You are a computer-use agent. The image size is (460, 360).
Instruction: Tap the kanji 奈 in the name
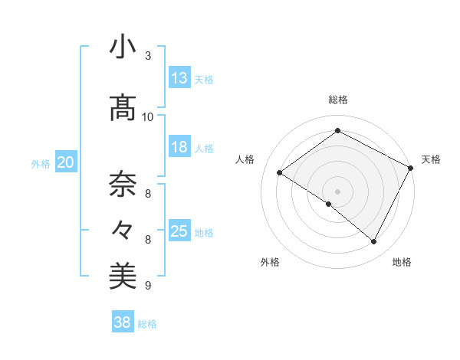[x=123, y=183]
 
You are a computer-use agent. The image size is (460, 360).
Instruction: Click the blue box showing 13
[x=179, y=78]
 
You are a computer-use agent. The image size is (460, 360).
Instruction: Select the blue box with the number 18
[x=179, y=147]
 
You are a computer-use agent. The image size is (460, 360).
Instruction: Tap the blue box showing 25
[x=179, y=231]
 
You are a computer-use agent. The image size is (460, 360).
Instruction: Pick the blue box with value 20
[x=66, y=162]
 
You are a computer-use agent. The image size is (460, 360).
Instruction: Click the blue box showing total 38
[x=123, y=323]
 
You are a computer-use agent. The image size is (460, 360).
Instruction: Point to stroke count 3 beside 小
[x=148, y=56]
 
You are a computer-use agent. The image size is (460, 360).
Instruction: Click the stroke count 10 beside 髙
[x=148, y=116]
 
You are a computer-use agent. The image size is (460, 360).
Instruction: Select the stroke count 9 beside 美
[x=148, y=286]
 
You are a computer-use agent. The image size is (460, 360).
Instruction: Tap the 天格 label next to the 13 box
[x=204, y=80]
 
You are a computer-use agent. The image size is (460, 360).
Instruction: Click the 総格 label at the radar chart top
[x=337, y=100]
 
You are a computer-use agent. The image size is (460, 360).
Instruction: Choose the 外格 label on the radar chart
[x=270, y=262]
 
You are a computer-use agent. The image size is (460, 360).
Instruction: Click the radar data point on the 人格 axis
[x=279, y=173]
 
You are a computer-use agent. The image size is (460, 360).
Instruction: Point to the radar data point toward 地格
[x=374, y=242]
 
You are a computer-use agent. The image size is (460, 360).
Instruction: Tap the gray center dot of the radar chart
[x=337, y=191]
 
